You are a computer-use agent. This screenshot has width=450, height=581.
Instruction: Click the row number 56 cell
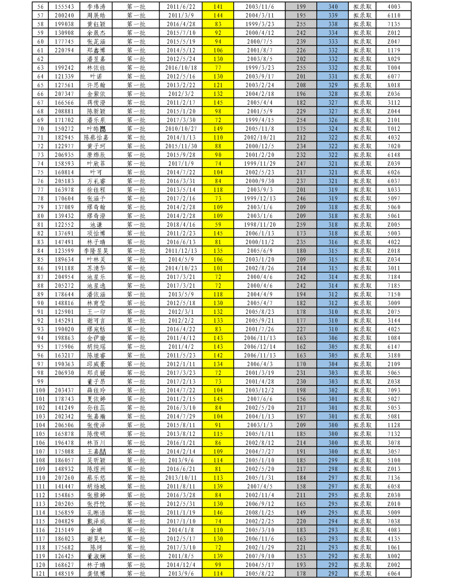(40, 7)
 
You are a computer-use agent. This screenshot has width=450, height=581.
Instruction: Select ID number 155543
(64, 7)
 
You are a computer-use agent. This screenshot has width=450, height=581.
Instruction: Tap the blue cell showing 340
(332, 7)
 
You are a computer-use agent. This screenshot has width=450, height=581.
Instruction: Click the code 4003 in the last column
(393, 7)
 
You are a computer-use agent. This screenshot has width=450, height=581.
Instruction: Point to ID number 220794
(64, 50)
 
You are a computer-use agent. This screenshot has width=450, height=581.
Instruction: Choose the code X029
(393, 59)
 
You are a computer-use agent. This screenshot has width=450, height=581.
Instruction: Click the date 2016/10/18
(181, 68)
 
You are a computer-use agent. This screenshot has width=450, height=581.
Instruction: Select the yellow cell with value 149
(218, 129)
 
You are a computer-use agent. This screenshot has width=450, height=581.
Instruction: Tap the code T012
(393, 129)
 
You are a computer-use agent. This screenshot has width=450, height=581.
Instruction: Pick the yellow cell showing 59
(218, 225)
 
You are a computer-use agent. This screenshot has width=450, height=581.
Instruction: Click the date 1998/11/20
(260, 225)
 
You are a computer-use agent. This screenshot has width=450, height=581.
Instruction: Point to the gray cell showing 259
(301, 225)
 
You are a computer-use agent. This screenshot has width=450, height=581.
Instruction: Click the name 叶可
(96, 172)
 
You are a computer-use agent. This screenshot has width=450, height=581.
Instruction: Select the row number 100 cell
(40, 391)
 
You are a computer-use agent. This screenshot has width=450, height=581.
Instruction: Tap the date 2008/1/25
(260, 513)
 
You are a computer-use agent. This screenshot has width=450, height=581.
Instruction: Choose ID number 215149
(64, 530)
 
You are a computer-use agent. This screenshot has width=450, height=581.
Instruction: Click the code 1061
(393, 547)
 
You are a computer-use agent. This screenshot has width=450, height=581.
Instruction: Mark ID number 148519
(64, 573)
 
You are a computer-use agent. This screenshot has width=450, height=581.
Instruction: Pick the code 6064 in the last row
(393, 573)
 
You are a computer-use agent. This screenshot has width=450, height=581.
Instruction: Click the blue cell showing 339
(332, 15)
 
